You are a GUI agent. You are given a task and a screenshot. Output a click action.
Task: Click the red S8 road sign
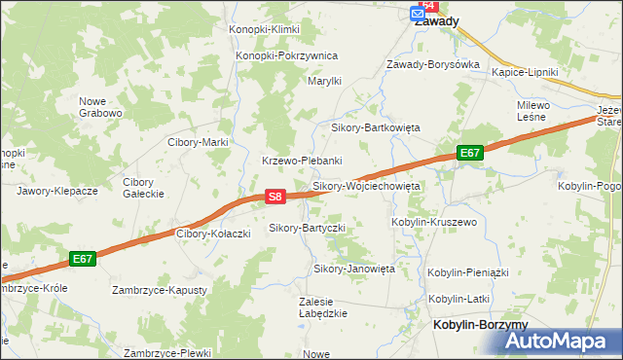pyautogui.click(x=275, y=197)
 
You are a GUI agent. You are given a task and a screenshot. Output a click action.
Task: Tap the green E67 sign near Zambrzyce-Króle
pyautogui.click(x=83, y=259)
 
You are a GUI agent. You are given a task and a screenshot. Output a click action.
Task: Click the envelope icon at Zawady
pyautogui.click(x=418, y=15)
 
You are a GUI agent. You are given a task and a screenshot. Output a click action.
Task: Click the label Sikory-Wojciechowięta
pyautogui.click(x=365, y=185)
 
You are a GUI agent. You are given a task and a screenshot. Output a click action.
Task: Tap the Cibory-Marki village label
pyautogui.click(x=198, y=142)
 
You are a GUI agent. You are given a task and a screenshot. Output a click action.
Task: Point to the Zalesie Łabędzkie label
pyautogui.click(x=323, y=306)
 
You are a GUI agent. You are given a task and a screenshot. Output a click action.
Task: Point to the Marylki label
pyautogui.click(x=324, y=81)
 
